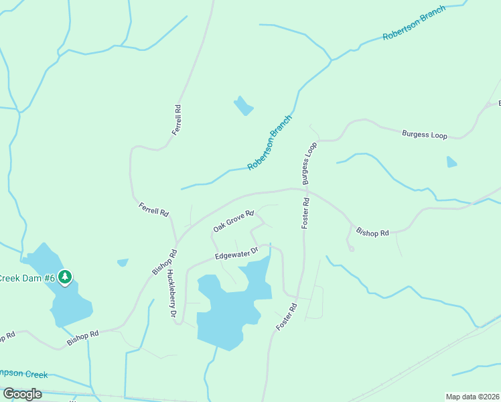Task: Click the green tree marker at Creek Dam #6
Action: (65, 276)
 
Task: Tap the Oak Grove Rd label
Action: (234, 221)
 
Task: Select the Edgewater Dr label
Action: (236, 254)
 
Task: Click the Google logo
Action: (22, 393)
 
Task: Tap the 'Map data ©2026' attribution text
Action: (472, 397)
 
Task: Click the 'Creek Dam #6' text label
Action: (27, 278)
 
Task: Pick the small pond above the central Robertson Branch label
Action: (243, 106)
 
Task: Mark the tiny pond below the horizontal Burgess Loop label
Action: (451, 161)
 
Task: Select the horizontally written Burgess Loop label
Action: (424, 135)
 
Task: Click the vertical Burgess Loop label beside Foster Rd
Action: (309, 163)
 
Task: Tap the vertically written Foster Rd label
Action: (305, 213)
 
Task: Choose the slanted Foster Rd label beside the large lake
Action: (286, 317)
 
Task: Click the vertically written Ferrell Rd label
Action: (177, 120)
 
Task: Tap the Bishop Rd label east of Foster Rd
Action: (372, 232)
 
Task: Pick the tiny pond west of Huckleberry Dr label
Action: (122, 263)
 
